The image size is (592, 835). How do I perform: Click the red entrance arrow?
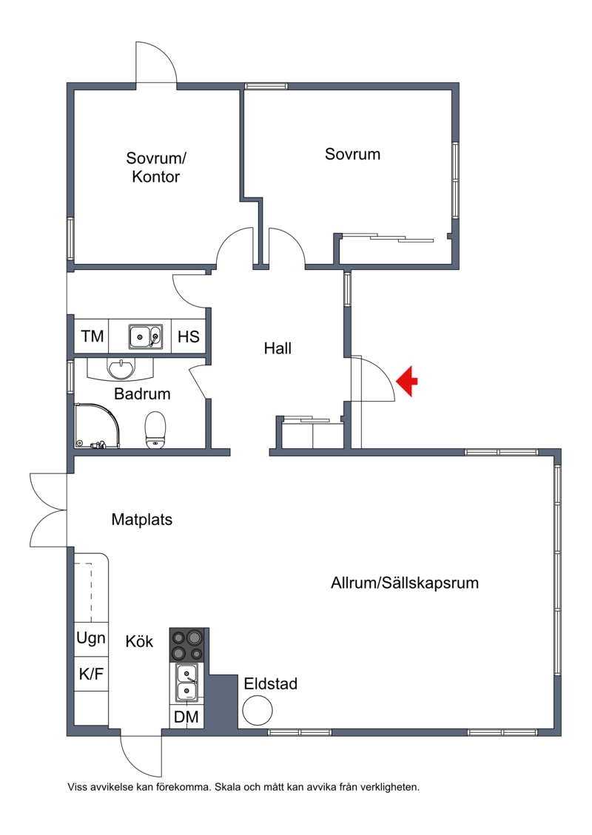(406, 382)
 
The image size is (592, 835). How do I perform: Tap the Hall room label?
(277, 348)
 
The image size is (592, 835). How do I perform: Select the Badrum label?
(142, 393)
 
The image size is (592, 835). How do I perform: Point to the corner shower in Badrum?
(97, 425)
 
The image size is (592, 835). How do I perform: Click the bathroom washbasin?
(121, 368)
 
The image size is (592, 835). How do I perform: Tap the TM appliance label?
(92, 336)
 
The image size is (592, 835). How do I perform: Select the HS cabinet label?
(188, 337)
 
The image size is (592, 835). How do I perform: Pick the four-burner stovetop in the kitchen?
(187, 645)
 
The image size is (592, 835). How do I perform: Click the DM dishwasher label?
(186, 717)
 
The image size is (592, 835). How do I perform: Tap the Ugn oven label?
(91, 638)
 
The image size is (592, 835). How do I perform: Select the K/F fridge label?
(91, 675)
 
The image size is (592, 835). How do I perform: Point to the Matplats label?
(142, 519)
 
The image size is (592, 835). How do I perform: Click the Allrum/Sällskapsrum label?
(405, 583)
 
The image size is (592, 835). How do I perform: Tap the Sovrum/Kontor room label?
(155, 167)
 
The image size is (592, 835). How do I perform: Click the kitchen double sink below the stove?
(187, 683)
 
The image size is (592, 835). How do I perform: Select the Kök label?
(139, 641)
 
